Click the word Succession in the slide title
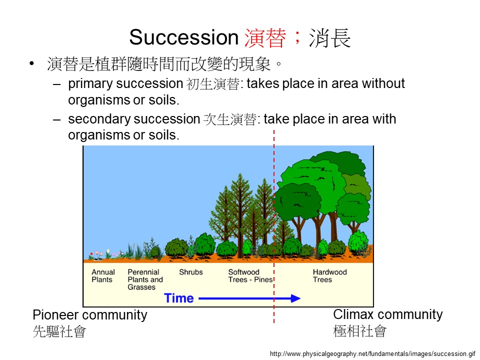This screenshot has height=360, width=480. coord(183,37)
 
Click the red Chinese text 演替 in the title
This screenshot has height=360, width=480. coord(265,37)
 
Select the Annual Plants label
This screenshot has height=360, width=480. coord(103,276)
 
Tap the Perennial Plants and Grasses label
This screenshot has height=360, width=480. coord(145,279)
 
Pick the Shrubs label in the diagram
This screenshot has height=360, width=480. coord(190,272)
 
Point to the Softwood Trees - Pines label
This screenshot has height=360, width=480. coord(250,276)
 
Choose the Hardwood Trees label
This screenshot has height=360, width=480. coord(329,276)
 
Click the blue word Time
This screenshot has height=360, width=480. coord(179,298)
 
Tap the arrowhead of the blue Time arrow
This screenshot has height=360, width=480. coord(295,298)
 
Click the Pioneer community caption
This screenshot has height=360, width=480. coord(89,315)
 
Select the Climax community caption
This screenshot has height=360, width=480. coord(388,314)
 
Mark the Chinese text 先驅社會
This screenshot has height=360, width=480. coord(59,331)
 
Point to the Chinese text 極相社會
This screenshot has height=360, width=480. coord(360,331)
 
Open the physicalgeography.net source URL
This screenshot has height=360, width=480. coord(372,354)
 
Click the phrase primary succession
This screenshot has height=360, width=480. coord(125,84)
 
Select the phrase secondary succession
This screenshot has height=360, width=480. coord(134,119)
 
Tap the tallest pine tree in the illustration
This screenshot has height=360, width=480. coord(239,214)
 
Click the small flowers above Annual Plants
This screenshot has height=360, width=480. coord(97,255)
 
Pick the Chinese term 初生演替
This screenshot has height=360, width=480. coord(213,84)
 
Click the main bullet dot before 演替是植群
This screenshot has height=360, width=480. coord(31,63)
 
